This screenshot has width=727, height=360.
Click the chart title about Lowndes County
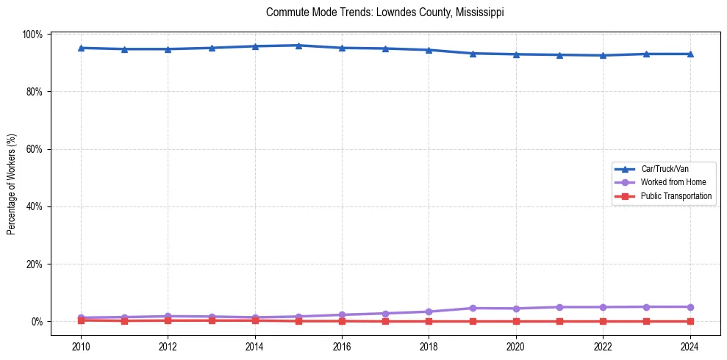[385, 13]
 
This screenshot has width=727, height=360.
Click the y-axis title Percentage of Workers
[12, 184]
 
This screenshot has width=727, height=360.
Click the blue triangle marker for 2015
[298, 46]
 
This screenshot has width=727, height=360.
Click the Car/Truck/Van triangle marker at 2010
[81, 48]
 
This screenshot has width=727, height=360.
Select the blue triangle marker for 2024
[690, 54]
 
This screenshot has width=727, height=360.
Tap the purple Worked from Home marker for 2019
[473, 308]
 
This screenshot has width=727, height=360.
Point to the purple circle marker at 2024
[690, 306]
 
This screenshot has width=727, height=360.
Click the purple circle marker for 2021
[559, 306]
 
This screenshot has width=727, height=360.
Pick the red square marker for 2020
[516, 321]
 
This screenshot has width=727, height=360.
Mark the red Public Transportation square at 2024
[690, 321]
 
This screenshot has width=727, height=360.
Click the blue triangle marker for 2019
[473, 53]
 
